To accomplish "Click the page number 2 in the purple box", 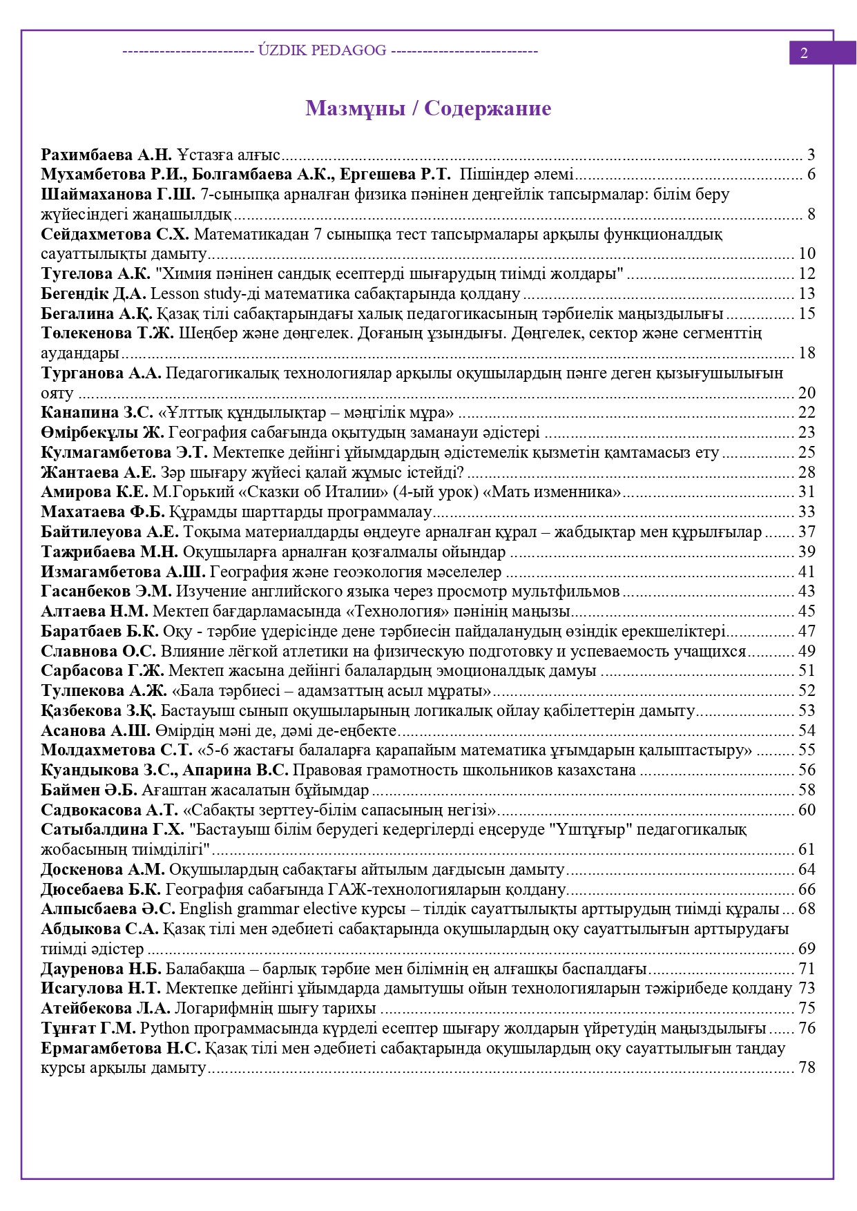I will [804, 53].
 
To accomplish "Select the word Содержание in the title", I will [488, 108].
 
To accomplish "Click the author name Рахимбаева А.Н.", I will [106, 155].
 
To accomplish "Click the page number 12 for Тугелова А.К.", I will [807, 273].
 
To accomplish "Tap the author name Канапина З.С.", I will [97, 413].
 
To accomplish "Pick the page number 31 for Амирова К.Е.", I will [807, 492].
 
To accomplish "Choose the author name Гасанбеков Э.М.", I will [106, 591].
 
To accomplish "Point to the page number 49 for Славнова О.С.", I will [807, 651].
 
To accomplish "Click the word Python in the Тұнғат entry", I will [164, 1028].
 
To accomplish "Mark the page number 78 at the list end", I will [807, 1067].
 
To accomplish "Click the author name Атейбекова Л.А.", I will [106, 1008].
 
